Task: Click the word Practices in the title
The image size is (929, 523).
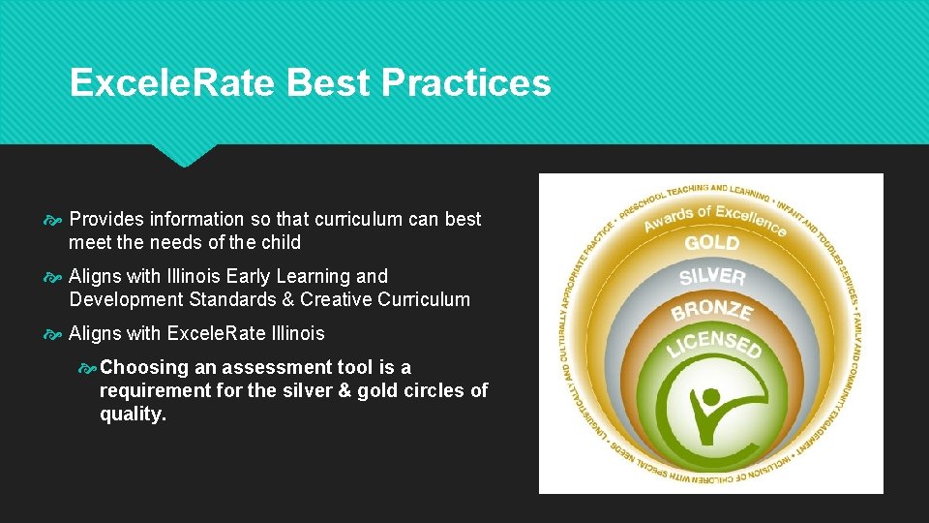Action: click(466, 84)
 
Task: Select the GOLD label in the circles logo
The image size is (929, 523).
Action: click(712, 242)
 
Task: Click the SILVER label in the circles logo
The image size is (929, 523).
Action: click(712, 276)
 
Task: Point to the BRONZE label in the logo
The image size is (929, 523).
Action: click(712, 311)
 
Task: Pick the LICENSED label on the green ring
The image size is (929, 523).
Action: click(714, 342)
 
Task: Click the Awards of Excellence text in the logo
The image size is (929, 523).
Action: click(715, 218)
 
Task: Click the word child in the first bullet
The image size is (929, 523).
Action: click(281, 242)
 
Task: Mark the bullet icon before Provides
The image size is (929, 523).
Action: click(53, 220)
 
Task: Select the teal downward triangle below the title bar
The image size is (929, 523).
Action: click(184, 155)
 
